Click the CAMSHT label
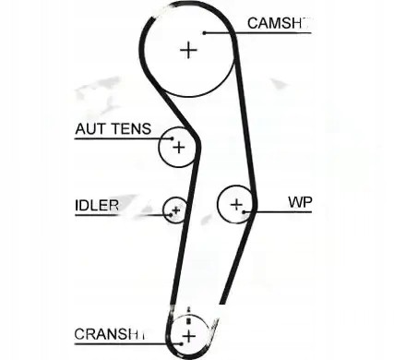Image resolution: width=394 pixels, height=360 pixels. coord(278,22)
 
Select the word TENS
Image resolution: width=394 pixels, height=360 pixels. coord(133,130)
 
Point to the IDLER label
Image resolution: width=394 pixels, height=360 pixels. coord(97,206)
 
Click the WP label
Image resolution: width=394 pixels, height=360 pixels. coord(300,200)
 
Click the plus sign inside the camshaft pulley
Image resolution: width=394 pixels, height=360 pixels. coord(189,49)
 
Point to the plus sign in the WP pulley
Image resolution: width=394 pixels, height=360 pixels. coord(236,203)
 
